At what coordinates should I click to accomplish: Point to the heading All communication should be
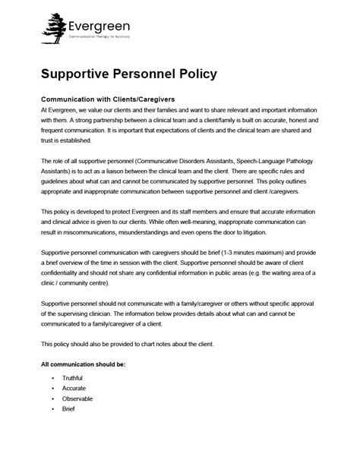tap(83, 365)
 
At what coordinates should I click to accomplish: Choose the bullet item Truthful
tap(73, 377)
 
